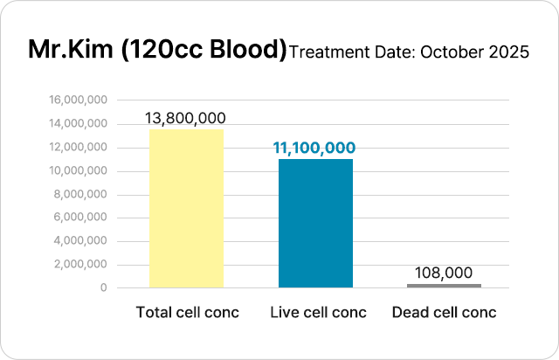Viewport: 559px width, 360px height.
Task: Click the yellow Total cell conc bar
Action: coord(187,208)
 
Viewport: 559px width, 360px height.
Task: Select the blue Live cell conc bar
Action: coord(315,223)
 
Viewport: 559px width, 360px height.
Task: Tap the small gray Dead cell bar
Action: coord(444,285)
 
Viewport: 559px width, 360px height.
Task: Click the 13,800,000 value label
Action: coord(187,118)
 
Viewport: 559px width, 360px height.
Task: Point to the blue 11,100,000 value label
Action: coord(314,149)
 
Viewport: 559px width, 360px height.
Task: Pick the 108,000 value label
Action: coord(444,273)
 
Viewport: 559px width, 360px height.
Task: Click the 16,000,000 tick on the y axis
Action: coord(79,100)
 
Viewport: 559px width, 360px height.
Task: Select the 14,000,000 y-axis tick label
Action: coord(79,124)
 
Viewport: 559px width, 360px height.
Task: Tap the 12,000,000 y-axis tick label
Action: coord(79,148)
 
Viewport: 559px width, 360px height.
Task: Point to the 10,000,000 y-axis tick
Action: coord(79,170)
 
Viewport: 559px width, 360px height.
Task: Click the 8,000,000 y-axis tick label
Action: coord(82,194)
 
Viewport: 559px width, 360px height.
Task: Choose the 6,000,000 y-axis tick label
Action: coord(82,218)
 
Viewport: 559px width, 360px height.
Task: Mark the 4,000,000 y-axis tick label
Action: coord(82,241)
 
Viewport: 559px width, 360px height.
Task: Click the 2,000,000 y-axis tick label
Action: coord(82,264)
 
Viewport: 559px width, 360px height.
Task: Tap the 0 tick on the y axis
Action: coord(104,287)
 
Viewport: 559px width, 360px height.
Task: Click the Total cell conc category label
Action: coord(187,312)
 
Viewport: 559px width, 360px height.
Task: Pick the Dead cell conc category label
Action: coord(444,312)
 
